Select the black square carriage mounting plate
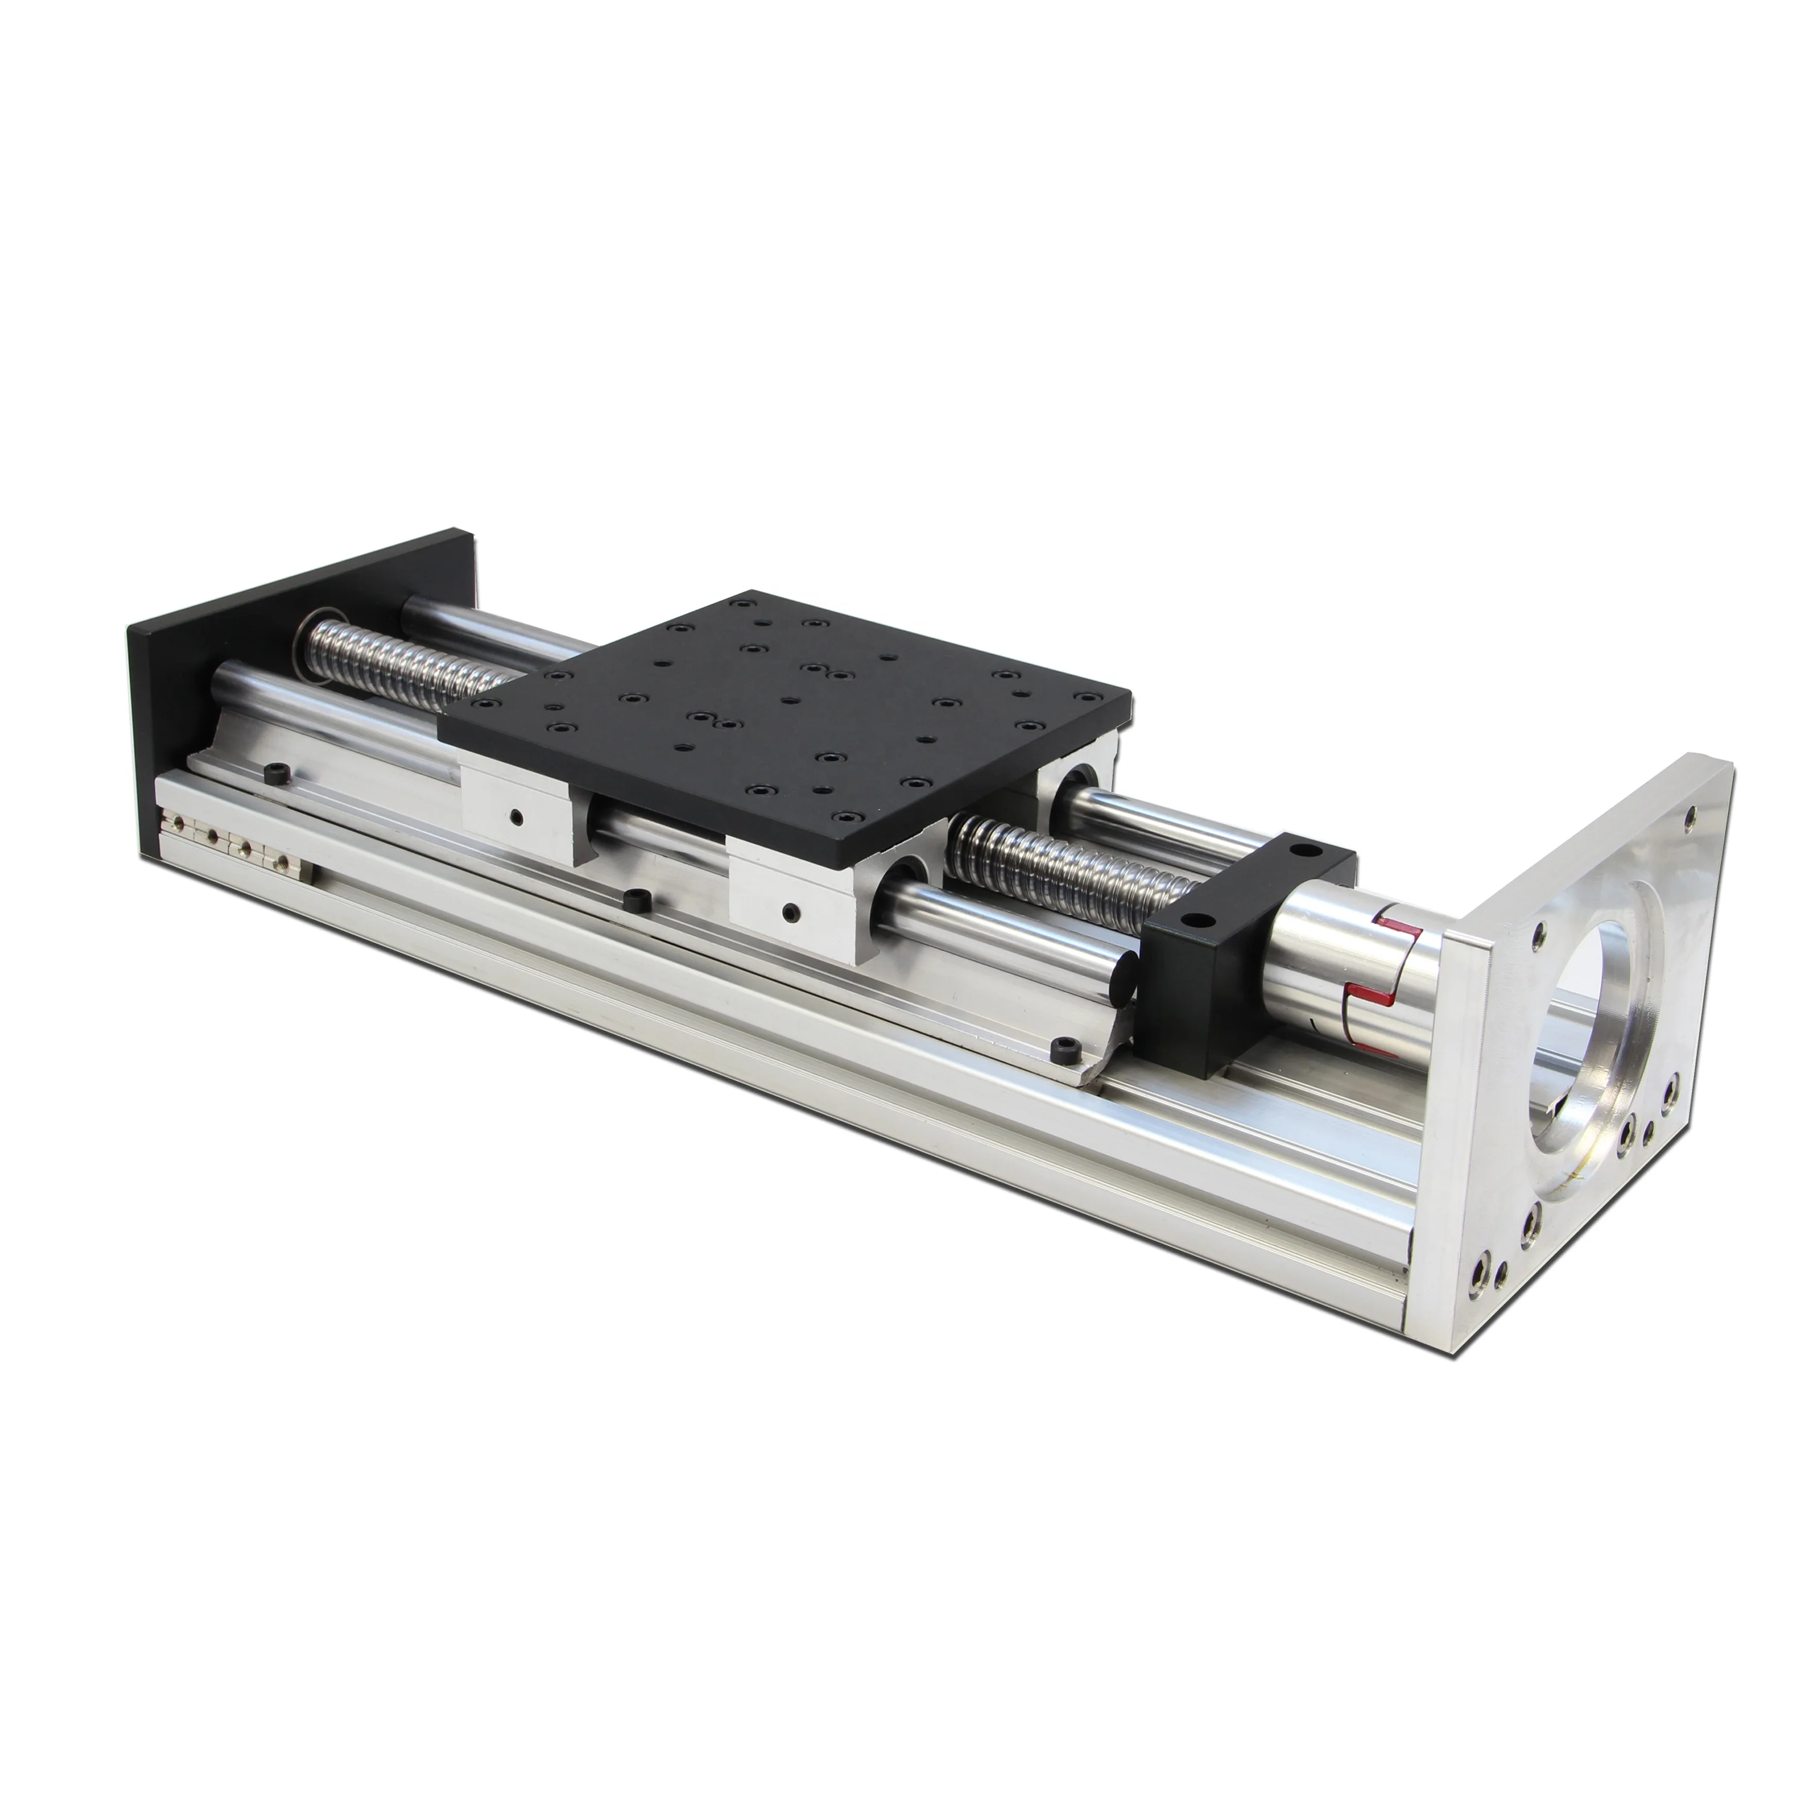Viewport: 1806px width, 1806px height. coord(795,710)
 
